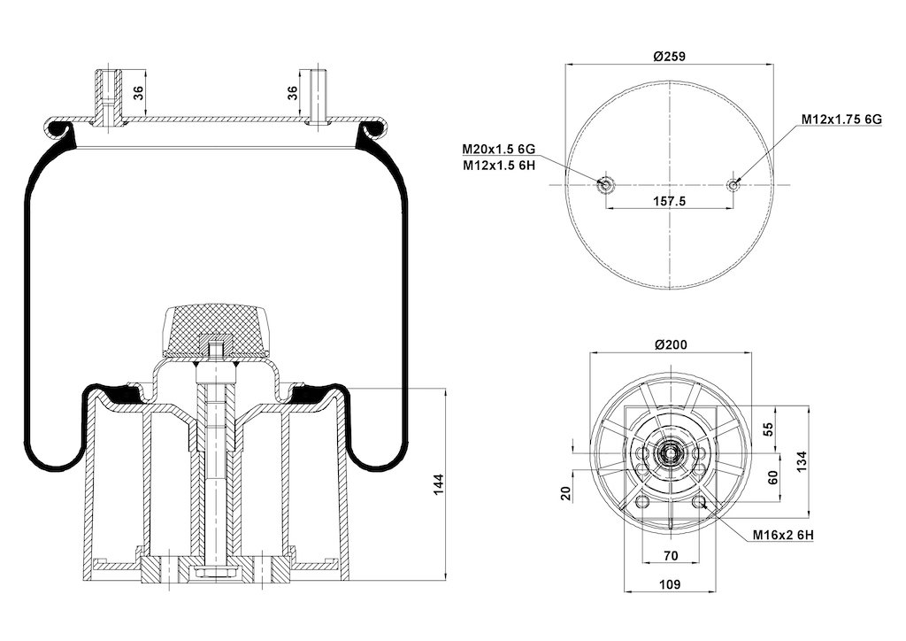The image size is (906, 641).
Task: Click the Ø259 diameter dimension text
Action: coord(670,55)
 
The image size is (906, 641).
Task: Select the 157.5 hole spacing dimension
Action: coord(669,201)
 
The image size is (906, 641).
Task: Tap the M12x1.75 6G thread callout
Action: coord(841,119)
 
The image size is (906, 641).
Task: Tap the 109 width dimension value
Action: coord(670,584)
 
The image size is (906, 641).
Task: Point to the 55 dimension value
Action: coord(768,429)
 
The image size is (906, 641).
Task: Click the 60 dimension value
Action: coord(772,477)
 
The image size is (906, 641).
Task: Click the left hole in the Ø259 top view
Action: coord(606,184)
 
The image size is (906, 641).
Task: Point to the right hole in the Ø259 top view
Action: coord(733,184)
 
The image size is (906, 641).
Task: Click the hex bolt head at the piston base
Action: coord(212,576)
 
